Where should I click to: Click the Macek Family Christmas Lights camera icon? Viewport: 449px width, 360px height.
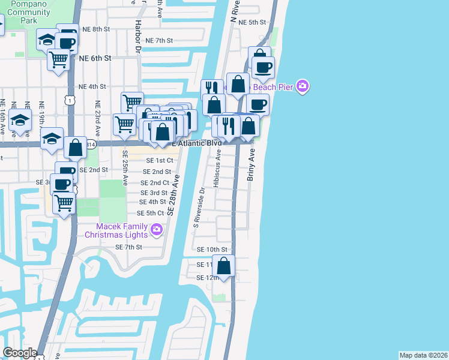[x=157, y=229]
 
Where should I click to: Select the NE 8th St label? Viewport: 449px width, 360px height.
[x=96, y=29]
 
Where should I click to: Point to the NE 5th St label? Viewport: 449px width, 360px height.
[x=252, y=22]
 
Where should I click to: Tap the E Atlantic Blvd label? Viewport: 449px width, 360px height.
[x=197, y=143]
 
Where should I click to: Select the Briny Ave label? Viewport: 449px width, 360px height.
[x=252, y=166]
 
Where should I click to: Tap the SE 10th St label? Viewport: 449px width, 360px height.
[x=212, y=250]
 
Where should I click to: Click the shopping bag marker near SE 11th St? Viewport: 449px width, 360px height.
[x=224, y=266]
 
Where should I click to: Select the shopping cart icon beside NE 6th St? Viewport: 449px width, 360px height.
[x=58, y=59]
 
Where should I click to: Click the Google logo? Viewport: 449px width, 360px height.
[x=20, y=353]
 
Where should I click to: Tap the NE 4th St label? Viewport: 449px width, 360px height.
[x=92, y=87]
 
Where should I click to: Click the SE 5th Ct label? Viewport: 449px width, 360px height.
[x=151, y=214]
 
